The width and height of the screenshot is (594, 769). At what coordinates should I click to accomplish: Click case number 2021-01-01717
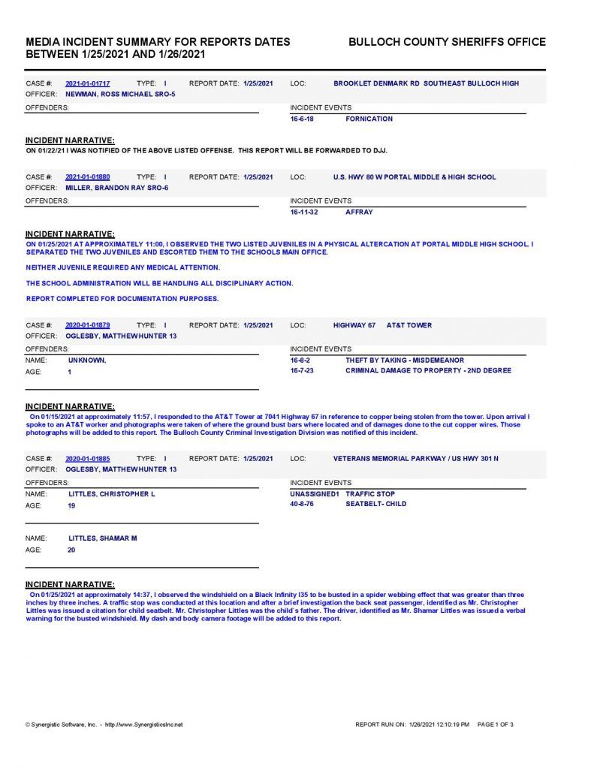click(87, 83)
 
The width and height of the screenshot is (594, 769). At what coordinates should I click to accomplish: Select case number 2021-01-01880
click(87, 177)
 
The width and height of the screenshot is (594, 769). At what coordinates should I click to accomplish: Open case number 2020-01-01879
click(87, 325)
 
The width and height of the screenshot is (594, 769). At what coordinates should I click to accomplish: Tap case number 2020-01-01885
click(87, 458)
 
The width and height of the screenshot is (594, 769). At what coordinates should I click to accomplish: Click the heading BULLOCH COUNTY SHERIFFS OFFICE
click(447, 42)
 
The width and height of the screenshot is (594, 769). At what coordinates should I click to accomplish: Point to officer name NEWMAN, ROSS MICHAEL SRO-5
click(120, 95)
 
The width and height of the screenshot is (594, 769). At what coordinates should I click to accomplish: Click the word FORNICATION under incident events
click(369, 119)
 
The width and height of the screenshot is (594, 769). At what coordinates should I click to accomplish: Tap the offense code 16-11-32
click(304, 212)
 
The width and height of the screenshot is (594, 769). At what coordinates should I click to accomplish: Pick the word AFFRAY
click(359, 212)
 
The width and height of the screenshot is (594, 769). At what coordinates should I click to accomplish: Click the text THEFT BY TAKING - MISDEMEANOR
click(405, 360)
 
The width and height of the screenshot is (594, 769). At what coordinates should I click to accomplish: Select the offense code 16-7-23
click(302, 370)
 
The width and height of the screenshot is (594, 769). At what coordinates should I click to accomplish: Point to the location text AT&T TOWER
click(409, 325)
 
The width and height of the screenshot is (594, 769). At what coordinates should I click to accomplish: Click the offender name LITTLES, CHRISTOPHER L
click(111, 494)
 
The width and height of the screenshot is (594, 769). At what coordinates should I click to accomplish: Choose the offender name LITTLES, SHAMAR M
click(102, 538)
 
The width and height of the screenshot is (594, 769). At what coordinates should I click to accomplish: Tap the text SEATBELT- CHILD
click(375, 504)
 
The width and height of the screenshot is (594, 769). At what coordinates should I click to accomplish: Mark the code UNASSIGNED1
click(315, 494)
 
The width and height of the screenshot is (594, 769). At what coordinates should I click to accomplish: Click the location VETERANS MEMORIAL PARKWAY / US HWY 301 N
click(415, 458)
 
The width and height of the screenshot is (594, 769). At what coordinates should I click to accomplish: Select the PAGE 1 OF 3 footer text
click(495, 725)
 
